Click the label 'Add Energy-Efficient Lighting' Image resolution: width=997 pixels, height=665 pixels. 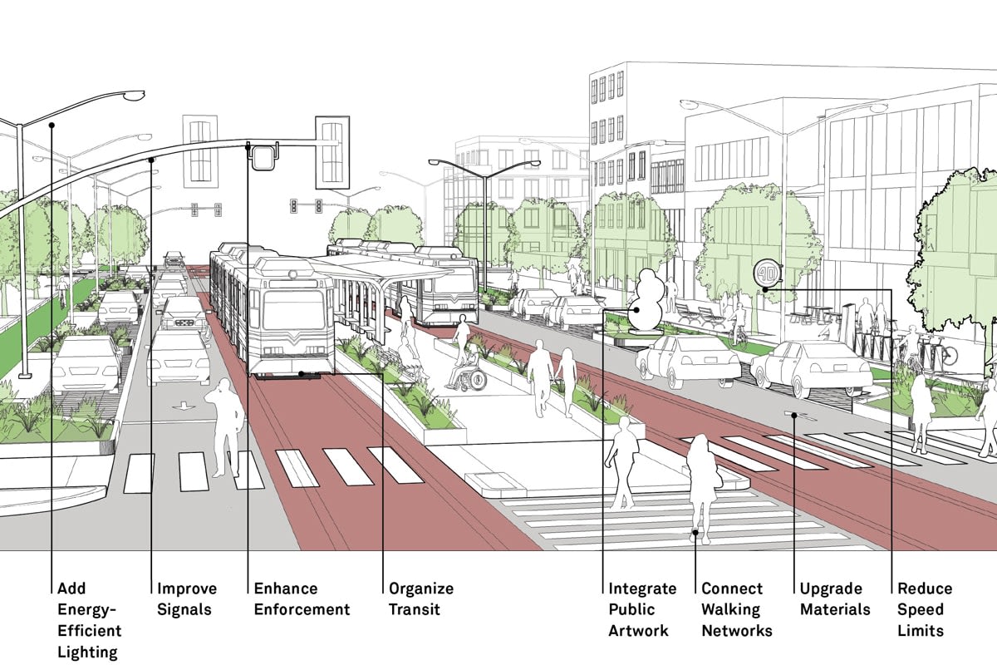pyautogui.click(x=89, y=619)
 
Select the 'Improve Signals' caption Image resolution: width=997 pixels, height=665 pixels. pyautogui.click(x=187, y=598)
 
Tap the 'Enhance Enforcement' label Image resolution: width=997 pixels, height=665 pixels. pyautogui.click(x=302, y=598)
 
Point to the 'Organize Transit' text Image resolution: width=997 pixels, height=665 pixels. pyautogui.click(x=421, y=598)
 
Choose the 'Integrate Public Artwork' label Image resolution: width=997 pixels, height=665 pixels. pyautogui.click(x=642, y=609)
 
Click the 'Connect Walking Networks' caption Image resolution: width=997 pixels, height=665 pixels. pyautogui.click(x=736, y=609)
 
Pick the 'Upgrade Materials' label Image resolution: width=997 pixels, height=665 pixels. pyautogui.click(x=835, y=598)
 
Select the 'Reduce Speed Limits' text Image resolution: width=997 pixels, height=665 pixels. pyautogui.click(x=924, y=609)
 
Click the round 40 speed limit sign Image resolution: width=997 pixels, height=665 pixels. pyautogui.click(x=765, y=273)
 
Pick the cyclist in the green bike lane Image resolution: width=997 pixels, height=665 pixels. pyautogui.click(x=63, y=291)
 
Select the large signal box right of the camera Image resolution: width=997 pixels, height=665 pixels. pyautogui.click(x=332, y=150)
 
